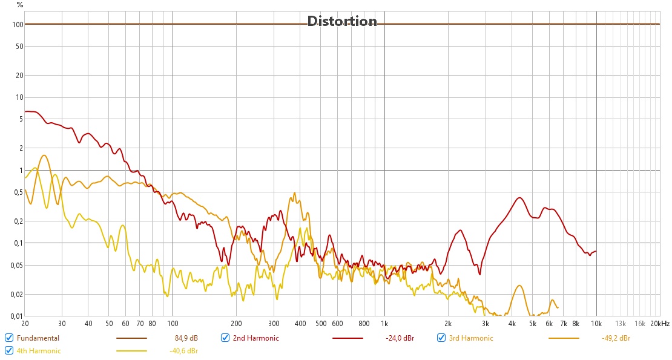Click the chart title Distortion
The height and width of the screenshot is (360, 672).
[342, 21]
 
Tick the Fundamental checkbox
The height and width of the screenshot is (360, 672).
[9, 338]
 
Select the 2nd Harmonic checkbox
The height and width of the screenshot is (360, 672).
[225, 338]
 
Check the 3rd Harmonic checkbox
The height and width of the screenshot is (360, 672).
[442, 338]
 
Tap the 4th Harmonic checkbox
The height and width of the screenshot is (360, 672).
[9, 350]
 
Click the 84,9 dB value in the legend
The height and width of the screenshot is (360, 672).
[186, 338]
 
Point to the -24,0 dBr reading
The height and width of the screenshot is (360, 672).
[400, 338]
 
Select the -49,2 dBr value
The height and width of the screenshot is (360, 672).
[612, 338]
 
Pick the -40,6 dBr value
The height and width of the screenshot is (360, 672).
[184, 350]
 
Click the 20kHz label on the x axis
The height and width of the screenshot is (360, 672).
[660, 324]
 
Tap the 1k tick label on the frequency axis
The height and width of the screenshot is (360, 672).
[384, 324]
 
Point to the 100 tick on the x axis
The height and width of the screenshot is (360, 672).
[173, 324]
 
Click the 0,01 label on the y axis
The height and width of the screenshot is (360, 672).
[16, 316]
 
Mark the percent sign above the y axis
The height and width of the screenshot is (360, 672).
[20, 5]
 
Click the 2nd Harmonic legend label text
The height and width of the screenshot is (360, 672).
[255, 338]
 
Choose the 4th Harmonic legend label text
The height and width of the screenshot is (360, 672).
[39, 350]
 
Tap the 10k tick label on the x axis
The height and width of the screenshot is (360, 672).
[596, 324]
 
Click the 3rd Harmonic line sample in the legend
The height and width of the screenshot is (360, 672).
[564, 338]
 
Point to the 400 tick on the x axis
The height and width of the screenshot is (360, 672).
[300, 324]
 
